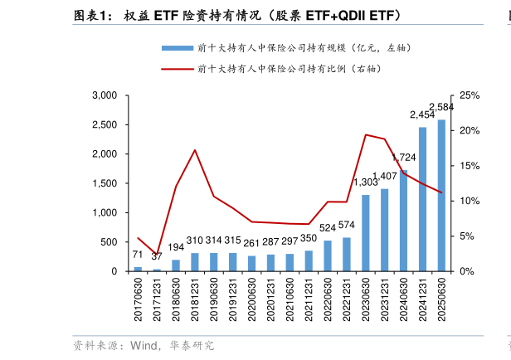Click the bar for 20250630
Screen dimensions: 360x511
click(441, 196)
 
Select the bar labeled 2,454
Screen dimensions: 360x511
click(422, 199)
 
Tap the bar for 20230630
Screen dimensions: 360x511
click(365, 233)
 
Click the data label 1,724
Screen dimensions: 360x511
click(403, 158)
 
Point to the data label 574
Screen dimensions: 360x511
click(347, 225)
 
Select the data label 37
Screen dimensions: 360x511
click(157, 256)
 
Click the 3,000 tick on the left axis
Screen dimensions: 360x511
click(104, 96)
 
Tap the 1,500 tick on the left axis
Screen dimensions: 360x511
click(104, 184)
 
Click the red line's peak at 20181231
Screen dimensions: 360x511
click(195, 150)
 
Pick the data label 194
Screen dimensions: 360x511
click(176, 247)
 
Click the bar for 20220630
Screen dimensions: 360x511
click(328, 255)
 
